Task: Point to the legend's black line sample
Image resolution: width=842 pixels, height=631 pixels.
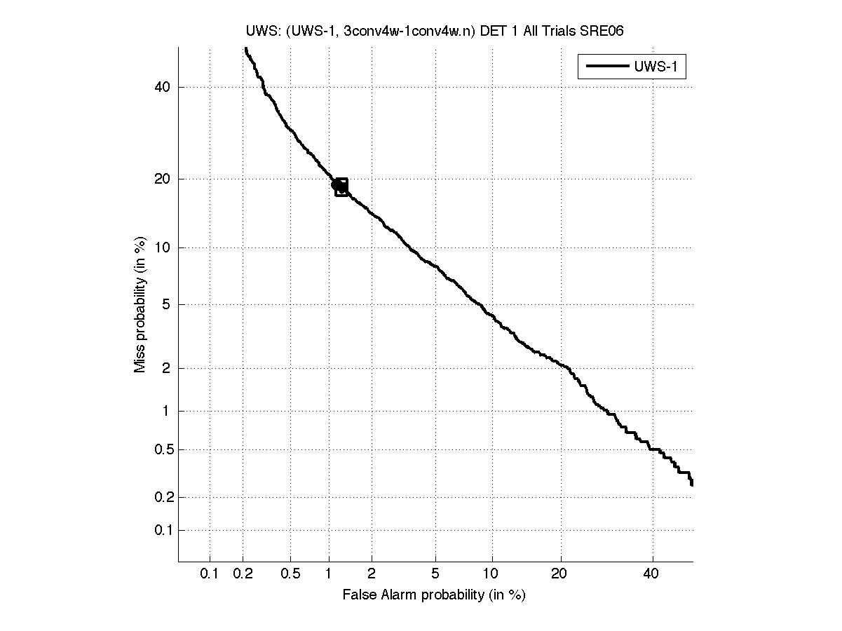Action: click(x=606, y=67)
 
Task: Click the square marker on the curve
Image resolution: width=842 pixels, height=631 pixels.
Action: click(x=341, y=187)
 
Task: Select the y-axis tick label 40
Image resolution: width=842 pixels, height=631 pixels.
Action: click(x=163, y=87)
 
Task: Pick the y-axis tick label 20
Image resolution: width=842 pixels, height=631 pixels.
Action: click(x=163, y=179)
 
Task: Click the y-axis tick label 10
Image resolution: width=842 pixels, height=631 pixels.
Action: click(x=163, y=247)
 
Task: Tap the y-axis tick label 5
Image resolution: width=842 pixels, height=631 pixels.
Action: click(x=166, y=304)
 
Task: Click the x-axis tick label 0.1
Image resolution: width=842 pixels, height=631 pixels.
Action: click(x=210, y=574)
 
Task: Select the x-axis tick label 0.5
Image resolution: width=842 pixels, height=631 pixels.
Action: click(x=290, y=574)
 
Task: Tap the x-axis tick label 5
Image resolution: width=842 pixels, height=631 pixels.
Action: click(x=435, y=574)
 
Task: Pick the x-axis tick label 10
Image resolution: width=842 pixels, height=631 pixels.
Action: click(x=493, y=574)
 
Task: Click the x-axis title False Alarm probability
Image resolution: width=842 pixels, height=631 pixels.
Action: click(x=434, y=595)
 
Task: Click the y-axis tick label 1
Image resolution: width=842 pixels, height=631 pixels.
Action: click(x=166, y=411)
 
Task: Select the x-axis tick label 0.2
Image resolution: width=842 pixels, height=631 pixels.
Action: click(x=243, y=574)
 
